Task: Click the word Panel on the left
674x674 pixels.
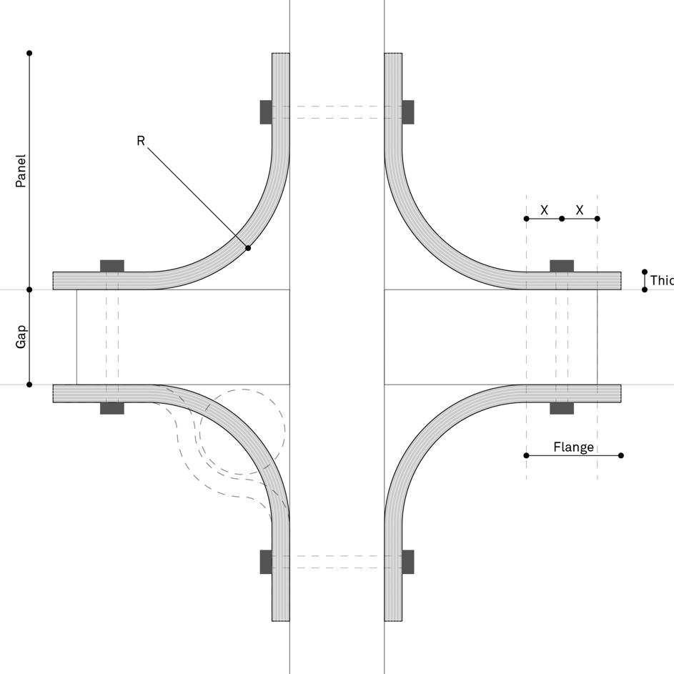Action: [x=21, y=171]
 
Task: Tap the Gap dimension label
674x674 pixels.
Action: [x=21, y=337]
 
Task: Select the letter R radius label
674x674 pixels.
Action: [x=141, y=141]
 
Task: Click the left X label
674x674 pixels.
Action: [x=544, y=210]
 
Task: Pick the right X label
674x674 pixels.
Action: [x=580, y=210]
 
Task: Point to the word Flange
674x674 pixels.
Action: [x=573, y=447]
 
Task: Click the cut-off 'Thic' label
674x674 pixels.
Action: [x=661, y=281]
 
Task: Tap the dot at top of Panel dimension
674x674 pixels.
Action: [x=29, y=53]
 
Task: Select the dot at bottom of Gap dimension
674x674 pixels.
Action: [x=29, y=385]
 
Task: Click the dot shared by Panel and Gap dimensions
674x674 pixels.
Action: [x=29, y=289]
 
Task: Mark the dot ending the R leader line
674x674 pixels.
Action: [x=248, y=248]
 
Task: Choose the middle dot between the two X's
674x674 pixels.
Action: [x=562, y=219]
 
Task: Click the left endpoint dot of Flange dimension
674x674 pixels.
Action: [x=527, y=455]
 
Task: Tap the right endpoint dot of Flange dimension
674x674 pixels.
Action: [x=621, y=455]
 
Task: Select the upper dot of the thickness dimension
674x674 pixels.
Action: [x=645, y=272]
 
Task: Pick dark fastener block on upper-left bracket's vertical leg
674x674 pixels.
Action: [x=266, y=112]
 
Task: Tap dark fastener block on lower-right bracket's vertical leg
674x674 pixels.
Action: [x=408, y=562]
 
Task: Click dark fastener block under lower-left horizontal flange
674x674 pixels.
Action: [x=112, y=408]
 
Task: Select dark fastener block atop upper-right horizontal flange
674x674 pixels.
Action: [x=562, y=266]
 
